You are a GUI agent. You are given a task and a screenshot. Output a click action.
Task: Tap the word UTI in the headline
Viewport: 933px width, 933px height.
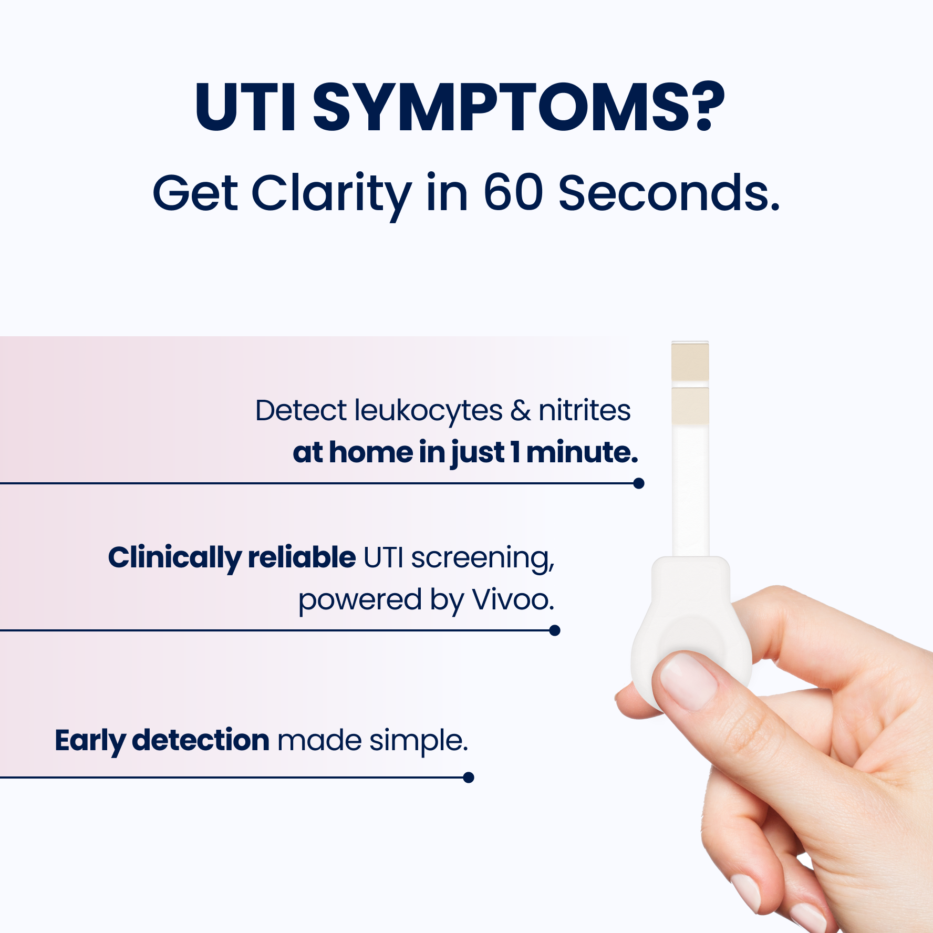(x=245, y=107)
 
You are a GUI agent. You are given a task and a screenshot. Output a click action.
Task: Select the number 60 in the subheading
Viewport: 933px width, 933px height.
(x=513, y=193)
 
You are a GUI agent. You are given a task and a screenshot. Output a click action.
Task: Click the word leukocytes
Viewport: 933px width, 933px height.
(x=428, y=411)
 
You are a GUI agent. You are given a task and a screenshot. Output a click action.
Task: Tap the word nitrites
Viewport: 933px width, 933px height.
(x=585, y=410)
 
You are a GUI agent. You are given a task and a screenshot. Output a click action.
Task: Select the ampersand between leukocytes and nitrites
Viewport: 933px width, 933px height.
(x=521, y=411)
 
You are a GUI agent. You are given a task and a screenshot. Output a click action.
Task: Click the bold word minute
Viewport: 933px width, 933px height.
(x=582, y=453)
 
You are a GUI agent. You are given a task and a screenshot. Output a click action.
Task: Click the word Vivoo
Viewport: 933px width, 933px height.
(x=513, y=600)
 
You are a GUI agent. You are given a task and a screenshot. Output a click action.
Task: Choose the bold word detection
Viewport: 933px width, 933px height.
(x=201, y=740)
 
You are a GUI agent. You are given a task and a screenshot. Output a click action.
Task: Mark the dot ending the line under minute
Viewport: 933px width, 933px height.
(x=639, y=483)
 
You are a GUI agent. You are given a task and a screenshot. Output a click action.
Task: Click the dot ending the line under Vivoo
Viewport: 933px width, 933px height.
(x=555, y=630)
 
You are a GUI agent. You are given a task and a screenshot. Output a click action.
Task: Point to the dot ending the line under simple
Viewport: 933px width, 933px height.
(x=469, y=777)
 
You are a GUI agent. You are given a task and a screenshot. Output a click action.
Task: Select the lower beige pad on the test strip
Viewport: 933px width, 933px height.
(x=690, y=406)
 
